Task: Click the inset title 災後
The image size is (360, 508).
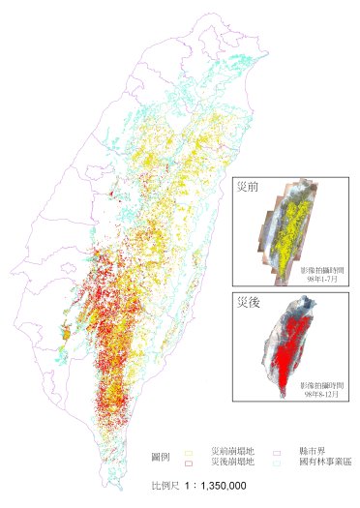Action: [x=249, y=302]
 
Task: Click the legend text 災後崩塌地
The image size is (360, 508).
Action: [x=232, y=463]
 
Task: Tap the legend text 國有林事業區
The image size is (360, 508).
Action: [x=320, y=463]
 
